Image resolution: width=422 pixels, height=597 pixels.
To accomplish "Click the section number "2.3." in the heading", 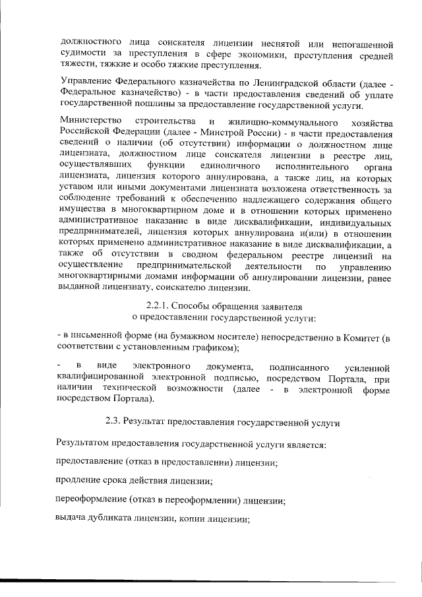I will click(x=115, y=422).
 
